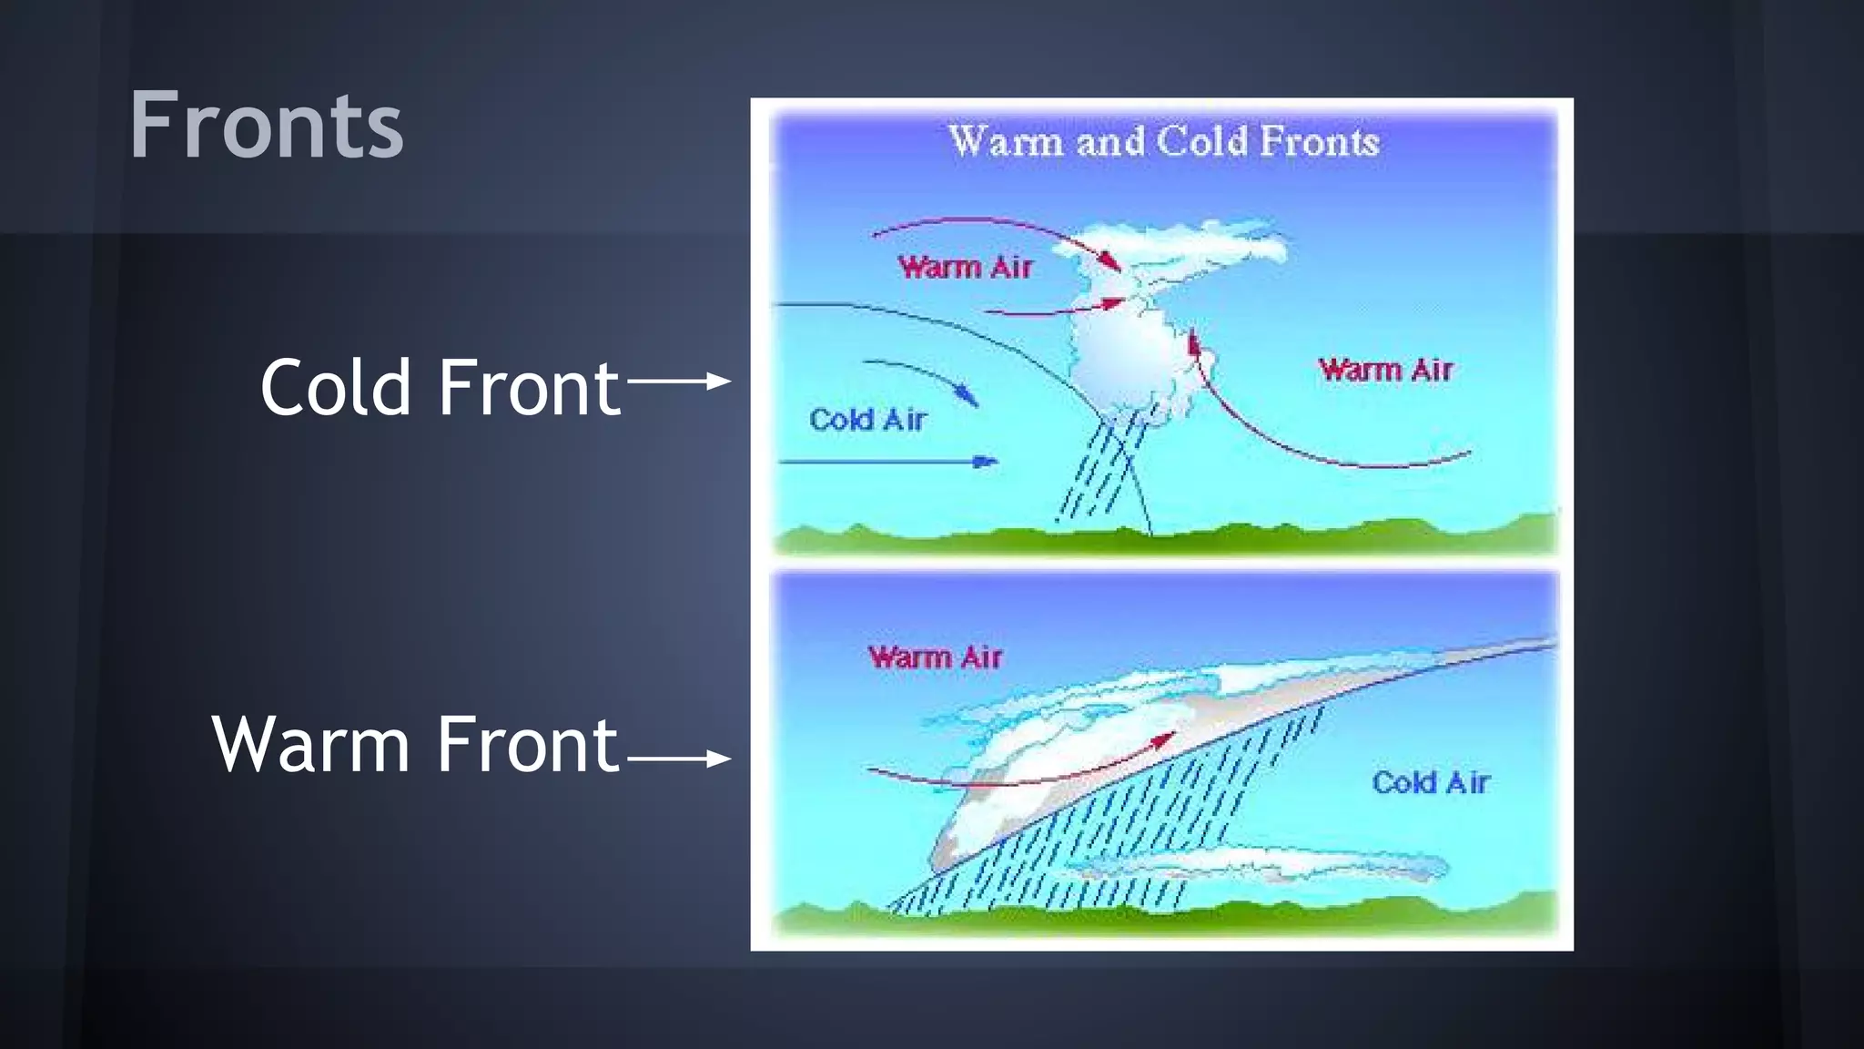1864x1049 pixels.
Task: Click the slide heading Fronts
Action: [x=266, y=126]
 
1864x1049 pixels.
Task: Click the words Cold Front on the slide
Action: [x=440, y=388]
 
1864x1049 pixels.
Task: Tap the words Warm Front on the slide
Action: [x=415, y=745]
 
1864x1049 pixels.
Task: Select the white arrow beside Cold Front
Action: [x=679, y=381]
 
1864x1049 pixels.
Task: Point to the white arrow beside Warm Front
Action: [x=679, y=758]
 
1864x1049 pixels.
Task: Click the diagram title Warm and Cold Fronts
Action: [x=1163, y=142]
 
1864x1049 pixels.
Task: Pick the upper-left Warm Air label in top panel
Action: [x=965, y=267]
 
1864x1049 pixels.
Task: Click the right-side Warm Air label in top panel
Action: [x=1385, y=370]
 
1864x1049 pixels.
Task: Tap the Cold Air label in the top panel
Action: [x=867, y=420]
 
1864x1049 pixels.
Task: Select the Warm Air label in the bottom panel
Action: [x=935, y=657]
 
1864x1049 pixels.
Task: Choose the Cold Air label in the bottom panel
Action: [x=1430, y=782]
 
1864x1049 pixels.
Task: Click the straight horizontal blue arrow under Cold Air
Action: [x=887, y=462]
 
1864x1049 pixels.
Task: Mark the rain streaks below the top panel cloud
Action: [x=1101, y=469]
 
